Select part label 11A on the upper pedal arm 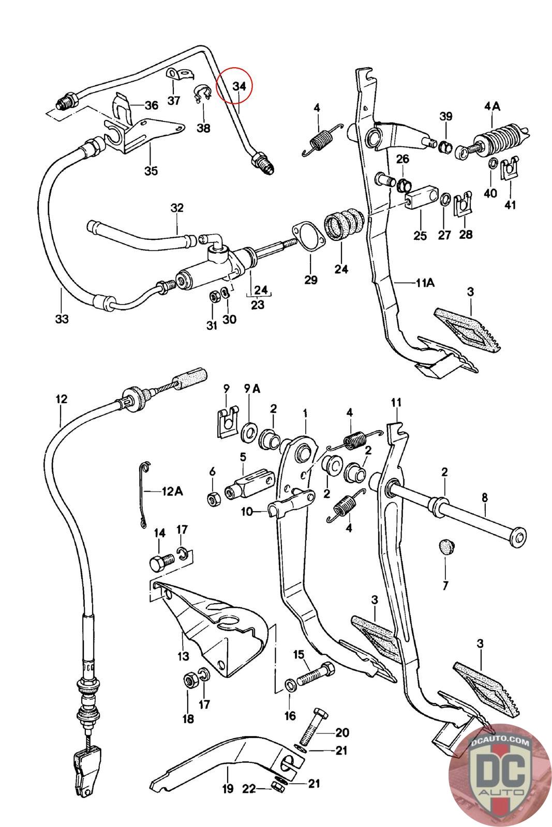pyautogui.click(x=424, y=283)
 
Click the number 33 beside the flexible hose pyautogui.click(x=62, y=319)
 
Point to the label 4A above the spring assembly pyautogui.click(x=491, y=106)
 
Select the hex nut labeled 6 pyautogui.click(x=213, y=499)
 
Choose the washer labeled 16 pyautogui.click(x=291, y=685)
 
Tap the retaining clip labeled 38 pyautogui.click(x=202, y=95)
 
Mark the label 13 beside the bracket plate pyautogui.click(x=183, y=656)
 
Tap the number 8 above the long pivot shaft pyautogui.click(x=484, y=498)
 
